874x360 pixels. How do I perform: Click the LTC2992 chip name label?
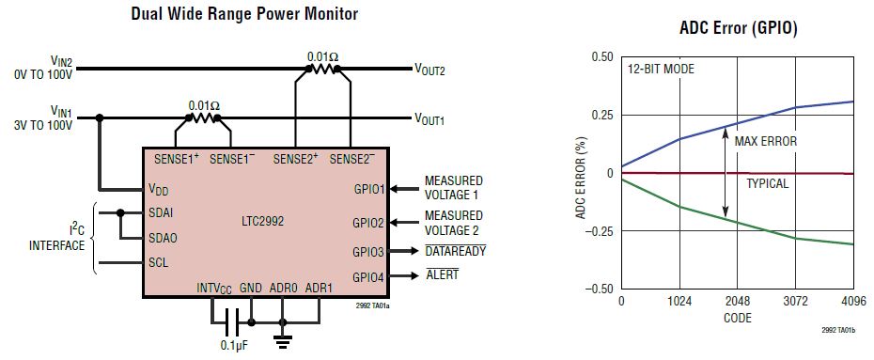point(262,223)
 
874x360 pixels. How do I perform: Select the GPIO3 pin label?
point(367,252)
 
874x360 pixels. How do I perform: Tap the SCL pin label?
point(158,263)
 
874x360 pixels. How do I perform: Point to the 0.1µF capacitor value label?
point(235,345)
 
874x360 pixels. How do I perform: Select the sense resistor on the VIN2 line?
point(323,69)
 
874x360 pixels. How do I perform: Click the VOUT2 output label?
point(429,69)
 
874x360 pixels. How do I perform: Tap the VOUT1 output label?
point(429,119)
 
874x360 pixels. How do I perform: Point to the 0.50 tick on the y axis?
point(599,56)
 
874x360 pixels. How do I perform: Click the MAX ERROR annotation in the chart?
point(765,142)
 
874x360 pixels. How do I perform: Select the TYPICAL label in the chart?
point(767,183)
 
